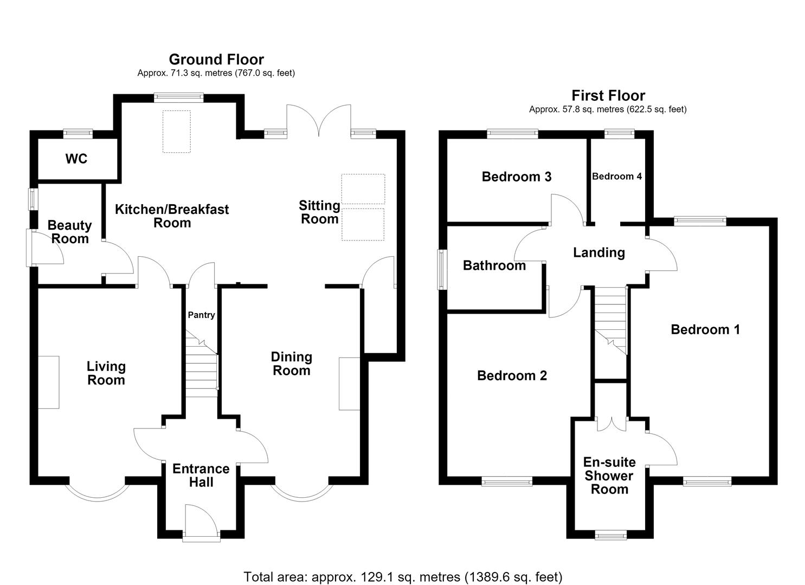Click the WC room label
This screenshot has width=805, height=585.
(x=76, y=159)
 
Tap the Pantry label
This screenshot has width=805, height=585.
(x=201, y=315)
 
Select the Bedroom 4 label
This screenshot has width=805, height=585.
(x=617, y=177)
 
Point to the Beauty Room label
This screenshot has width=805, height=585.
(x=70, y=232)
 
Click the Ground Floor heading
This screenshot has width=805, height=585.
(x=216, y=59)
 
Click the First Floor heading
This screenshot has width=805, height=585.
(x=608, y=95)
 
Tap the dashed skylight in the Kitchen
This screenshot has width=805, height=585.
(x=177, y=132)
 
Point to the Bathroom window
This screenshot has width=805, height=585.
(x=442, y=270)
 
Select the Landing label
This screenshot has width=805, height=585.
(x=598, y=252)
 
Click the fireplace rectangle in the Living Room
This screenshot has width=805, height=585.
(x=48, y=382)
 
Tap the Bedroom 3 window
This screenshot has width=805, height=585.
(x=512, y=134)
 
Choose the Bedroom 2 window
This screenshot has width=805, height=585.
(x=507, y=481)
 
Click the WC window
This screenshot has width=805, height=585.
(x=78, y=134)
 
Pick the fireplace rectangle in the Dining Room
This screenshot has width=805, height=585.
(x=349, y=383)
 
